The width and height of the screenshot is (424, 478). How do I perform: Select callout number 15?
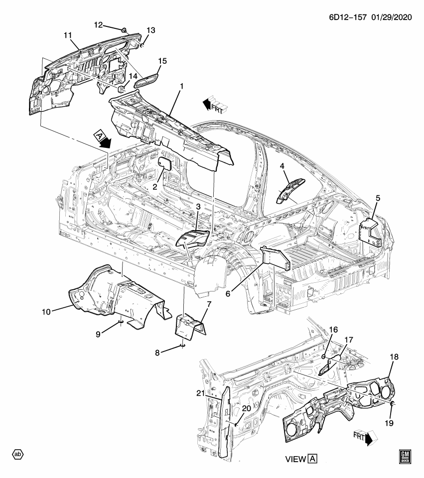[162, 61]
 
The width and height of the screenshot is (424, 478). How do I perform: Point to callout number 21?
[200, 393]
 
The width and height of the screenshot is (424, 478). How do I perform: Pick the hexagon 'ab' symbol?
[18, 454]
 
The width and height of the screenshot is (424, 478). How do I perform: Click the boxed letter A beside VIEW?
[312, 458]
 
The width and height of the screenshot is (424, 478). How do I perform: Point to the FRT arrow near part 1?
[213, 104]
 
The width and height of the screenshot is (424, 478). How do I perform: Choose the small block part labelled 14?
[121, 89]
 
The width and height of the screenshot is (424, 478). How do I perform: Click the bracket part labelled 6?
[275, 259]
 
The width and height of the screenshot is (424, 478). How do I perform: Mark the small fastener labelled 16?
[323, 357]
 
